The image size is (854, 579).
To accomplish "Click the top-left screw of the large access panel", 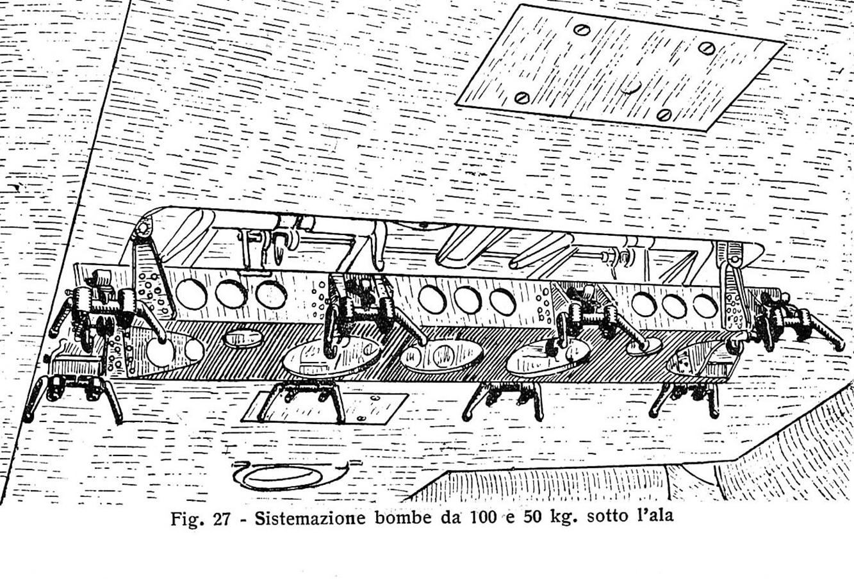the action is point(582,29).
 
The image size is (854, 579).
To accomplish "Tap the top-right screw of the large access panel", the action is point(707,48).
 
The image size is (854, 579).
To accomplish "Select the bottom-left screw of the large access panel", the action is point(522,97).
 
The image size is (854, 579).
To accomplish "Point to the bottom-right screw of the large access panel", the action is point(664,114).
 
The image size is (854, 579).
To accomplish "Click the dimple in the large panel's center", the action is point(630,88).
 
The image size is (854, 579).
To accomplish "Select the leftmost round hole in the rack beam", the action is point(191,294).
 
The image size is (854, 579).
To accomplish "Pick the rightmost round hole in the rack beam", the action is point(705,306).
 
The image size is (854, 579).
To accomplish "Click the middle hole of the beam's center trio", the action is point(468,300).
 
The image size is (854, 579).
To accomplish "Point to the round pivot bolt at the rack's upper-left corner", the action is point(142,229).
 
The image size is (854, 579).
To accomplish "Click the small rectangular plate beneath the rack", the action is point(325,407).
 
